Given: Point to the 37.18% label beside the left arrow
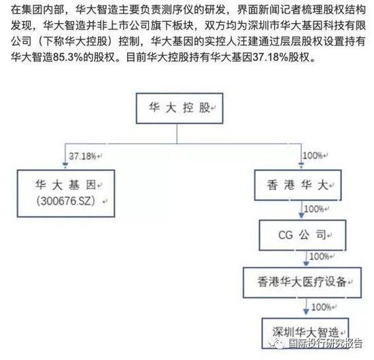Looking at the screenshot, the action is pos(82,156).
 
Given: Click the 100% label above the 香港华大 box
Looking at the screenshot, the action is pos(313,156).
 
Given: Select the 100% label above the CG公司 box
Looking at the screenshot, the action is pos(314,209).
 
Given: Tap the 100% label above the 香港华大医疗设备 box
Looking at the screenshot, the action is pos(319,256).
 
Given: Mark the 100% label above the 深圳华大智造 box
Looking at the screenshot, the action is pos(321,307).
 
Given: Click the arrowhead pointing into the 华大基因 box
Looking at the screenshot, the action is pos(65,165).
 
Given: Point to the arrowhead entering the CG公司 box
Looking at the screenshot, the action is pos(301,215).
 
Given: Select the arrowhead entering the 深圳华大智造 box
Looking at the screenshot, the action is pos(306,312).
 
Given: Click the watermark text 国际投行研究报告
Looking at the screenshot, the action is pos(326,343).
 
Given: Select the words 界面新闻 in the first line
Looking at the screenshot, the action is pos(258,10).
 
